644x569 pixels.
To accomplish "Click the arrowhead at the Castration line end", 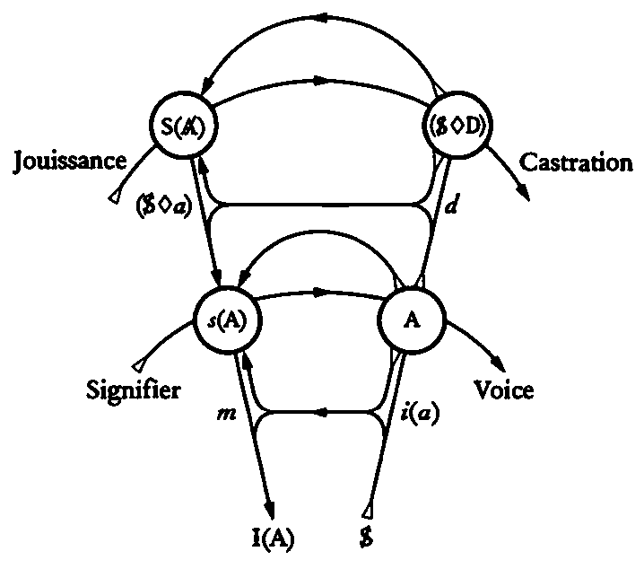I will (523, 199).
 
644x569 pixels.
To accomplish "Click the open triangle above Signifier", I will (137, 365).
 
